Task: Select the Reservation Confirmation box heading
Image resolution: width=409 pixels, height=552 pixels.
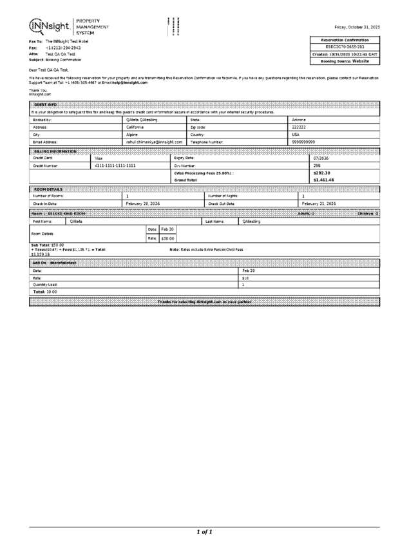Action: tap(345, 40)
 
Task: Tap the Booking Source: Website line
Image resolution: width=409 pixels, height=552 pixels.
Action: tap(345, 61)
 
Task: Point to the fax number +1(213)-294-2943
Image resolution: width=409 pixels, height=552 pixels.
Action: tap(63, 48)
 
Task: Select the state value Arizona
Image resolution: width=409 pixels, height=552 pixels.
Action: tap(300, 120)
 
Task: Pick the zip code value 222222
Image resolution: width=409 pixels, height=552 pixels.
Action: tap(299, 127)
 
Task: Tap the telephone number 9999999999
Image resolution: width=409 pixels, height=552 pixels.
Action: tap(303, 142)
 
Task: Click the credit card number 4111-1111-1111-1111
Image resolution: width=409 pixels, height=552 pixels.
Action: tap(115, 166)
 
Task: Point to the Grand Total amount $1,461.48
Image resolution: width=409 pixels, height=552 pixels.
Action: tap(323, 180)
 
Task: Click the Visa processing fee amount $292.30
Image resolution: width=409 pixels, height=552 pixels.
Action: tap(321, 173)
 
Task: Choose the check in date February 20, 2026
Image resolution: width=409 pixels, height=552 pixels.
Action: tap(143, 204)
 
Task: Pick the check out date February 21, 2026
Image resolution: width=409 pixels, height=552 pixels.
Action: tap(319, 204)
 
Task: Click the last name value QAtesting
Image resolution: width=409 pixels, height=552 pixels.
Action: tap(252, 221)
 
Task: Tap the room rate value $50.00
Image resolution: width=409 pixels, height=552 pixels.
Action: tap(167, 238)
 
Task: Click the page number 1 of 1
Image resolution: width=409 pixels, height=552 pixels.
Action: tap(204, 532)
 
